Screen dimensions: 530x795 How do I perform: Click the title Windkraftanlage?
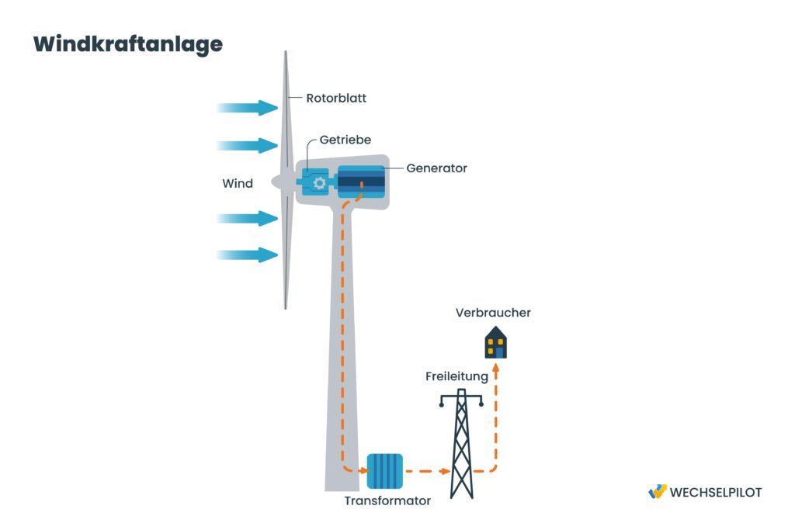tap(127, 44)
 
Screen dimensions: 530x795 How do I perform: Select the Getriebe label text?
tap(345, 140)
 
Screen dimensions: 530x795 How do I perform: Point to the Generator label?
tap(436, 168)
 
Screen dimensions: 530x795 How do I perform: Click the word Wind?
tap(238, 184)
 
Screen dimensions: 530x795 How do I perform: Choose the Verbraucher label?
tap(494, 313)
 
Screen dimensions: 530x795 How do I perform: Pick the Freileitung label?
tap(457, 376)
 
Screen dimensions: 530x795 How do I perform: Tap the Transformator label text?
tap(387, 501)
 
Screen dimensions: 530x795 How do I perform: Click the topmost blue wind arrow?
tap(248, 108)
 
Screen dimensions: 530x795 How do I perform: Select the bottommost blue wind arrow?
tap(248, 255)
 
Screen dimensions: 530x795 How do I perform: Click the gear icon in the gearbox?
tap(318, 183)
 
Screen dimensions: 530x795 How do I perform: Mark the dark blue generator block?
tap(361, 182)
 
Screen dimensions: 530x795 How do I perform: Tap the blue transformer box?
tap(384, 471)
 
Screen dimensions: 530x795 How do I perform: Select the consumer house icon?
tap(496, 343)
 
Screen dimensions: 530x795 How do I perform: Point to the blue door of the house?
tap(500, 352)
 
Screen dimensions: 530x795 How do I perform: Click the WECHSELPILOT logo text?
tap(715, 492)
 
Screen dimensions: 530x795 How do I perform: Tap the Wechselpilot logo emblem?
tap(657, 491)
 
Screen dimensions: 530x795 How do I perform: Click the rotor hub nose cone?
tap(277, 182)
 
